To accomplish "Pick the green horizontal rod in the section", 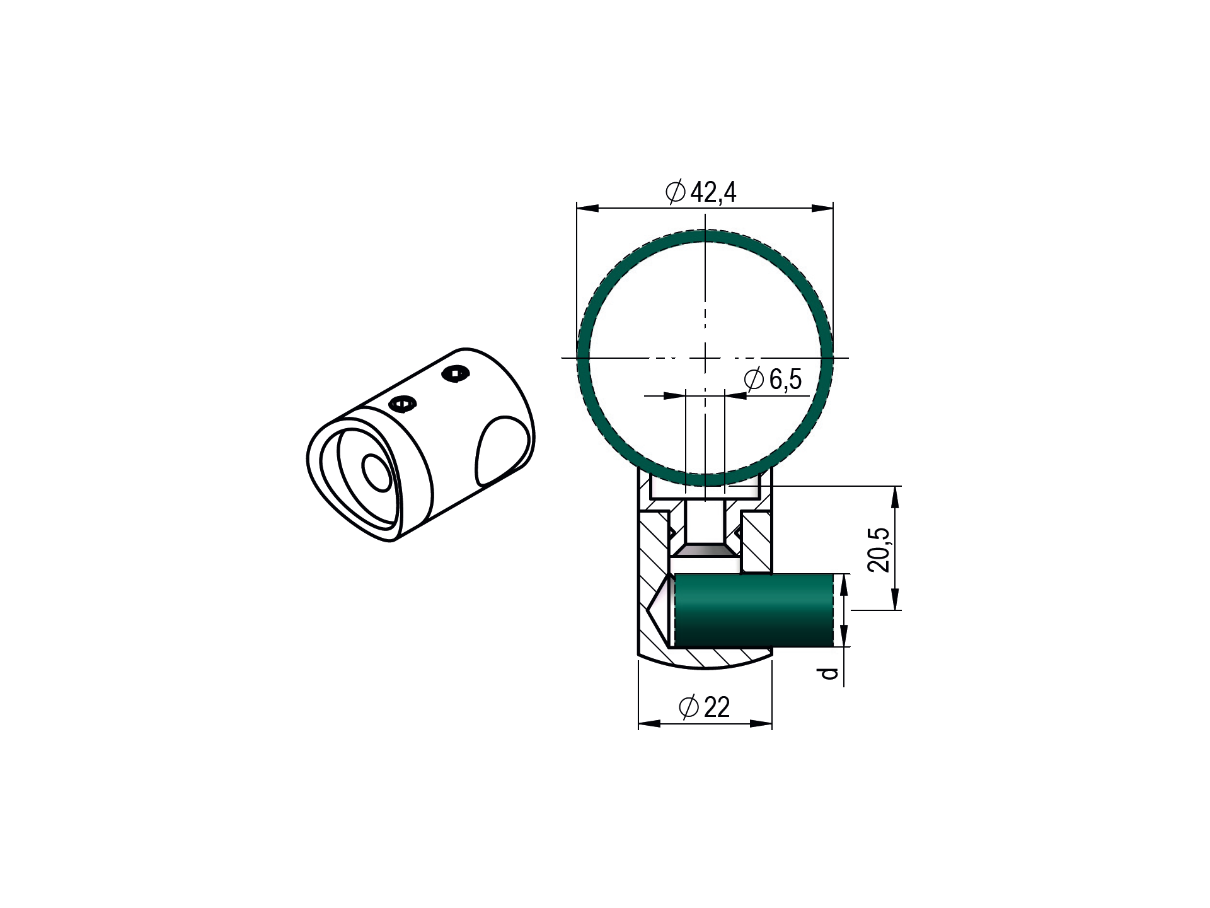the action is click(754, 610).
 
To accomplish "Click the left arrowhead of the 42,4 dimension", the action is click(588, 208).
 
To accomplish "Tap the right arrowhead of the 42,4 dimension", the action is click(822, 208).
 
